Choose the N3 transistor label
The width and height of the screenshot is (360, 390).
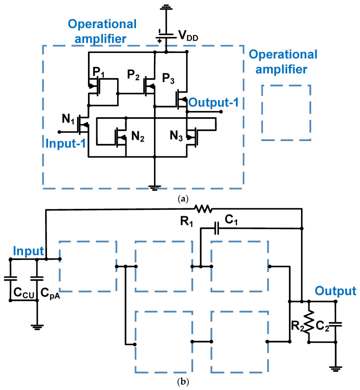tap(175, 136)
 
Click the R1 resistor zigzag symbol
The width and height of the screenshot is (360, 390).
tap(203, 209)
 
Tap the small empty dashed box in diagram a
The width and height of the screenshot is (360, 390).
tap(286, 112)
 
